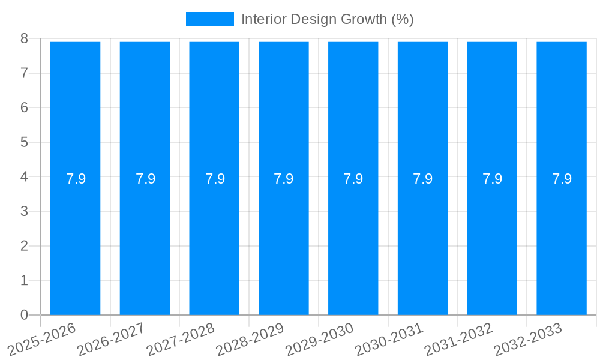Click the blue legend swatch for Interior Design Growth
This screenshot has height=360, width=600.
tap(209, 19)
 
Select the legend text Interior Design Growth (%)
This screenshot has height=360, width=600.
tap(327, 19)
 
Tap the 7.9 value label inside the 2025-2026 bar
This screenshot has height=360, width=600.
tap(76, 179)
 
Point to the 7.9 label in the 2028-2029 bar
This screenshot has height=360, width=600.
tap(284, 179)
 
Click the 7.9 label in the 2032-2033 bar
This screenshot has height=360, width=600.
tap(562, 179)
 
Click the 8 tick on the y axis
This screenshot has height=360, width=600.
tap(25, 38)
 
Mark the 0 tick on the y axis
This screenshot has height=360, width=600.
tap(25, 315)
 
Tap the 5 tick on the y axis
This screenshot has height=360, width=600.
tap(25, 142)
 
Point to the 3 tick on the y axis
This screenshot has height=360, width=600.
tap(25, 211)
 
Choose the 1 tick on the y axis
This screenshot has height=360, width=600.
tap(25, 280)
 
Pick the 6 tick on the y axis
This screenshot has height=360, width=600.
tap(25, 107)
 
